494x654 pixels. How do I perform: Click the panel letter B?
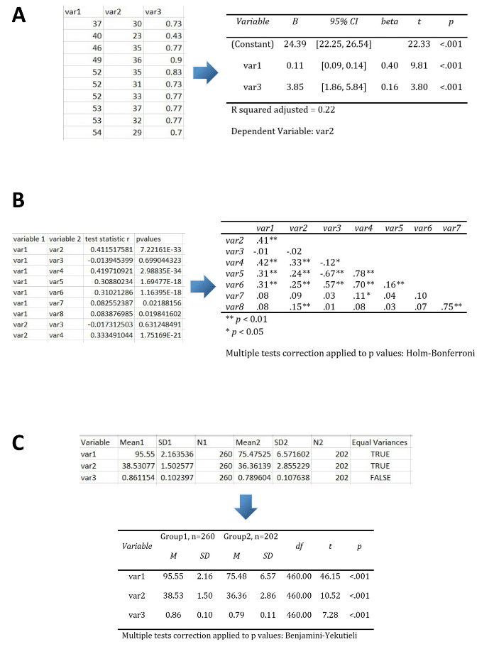(21, 202)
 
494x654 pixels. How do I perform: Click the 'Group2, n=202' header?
(246, 536)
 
